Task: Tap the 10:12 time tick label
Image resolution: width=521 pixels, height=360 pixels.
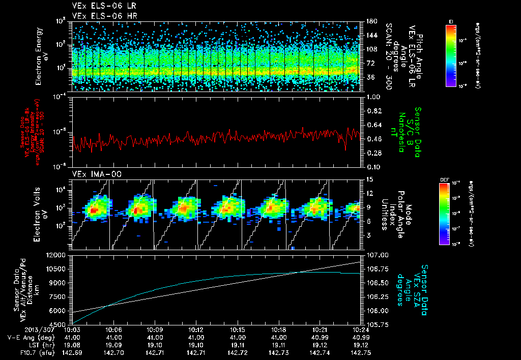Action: pyautogui.click(x=196, y=329)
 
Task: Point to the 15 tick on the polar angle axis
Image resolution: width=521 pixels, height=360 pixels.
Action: pyautogui.click(x=368, y=179)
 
